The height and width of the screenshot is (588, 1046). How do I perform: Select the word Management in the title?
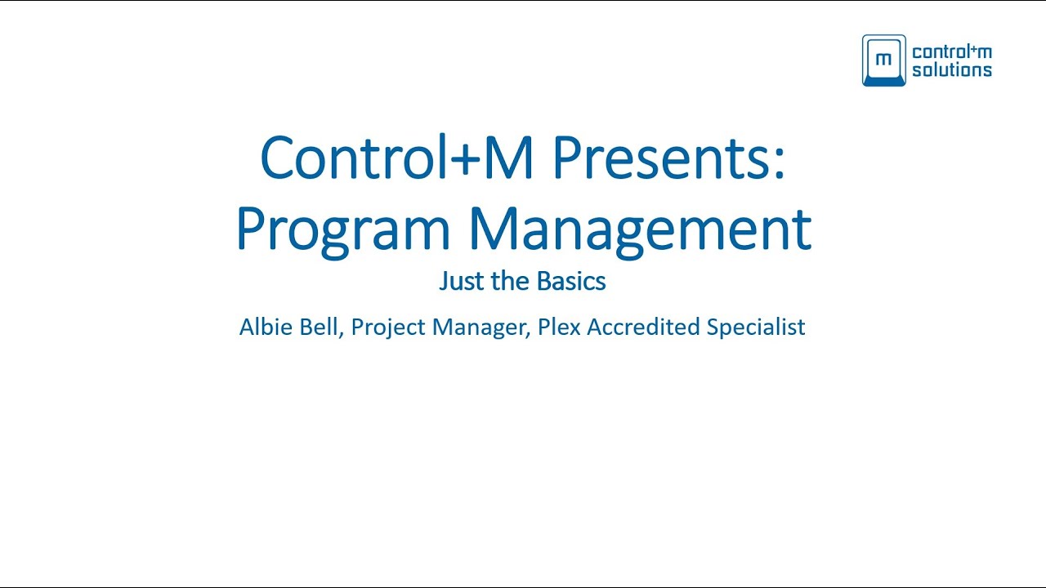(640, 229)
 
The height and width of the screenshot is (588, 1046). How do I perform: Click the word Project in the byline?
(388, 327)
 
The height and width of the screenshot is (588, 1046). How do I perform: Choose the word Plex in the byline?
(559, 327)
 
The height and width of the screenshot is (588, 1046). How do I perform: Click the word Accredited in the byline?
(644, 327)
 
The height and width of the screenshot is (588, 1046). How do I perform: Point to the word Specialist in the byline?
(756, 327)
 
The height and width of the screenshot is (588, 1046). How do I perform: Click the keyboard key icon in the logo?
(883, 60)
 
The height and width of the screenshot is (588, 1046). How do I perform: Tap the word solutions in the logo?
(951, 70)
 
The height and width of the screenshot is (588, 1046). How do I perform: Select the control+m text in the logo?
(951, 52)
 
